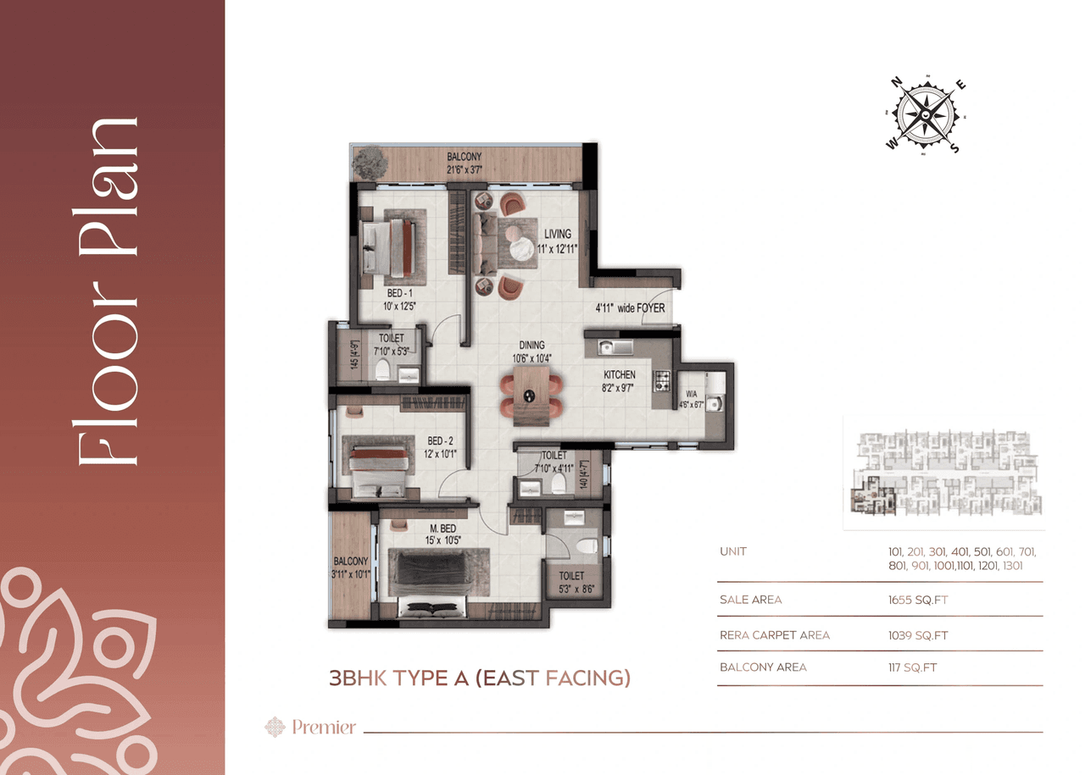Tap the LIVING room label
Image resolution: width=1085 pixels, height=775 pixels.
[x=557, y=234]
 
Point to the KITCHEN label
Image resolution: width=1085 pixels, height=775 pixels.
[x=619, y=375]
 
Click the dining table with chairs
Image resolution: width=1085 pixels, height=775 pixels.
[x=531, y=395]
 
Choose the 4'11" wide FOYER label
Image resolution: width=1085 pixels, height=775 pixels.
[x=631, y=309]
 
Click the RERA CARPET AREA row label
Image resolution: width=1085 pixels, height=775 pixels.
[x=774, y=635]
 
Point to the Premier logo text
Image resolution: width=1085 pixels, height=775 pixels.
[x=324, y=727]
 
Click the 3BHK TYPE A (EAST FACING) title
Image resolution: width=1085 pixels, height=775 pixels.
[x=480, y=678]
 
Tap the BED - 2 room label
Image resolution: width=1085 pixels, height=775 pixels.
[x=442, y=441]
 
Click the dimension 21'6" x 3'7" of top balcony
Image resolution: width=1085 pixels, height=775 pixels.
[x=465, y=169]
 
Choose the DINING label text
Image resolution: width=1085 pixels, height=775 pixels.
[x=532, y=346]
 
